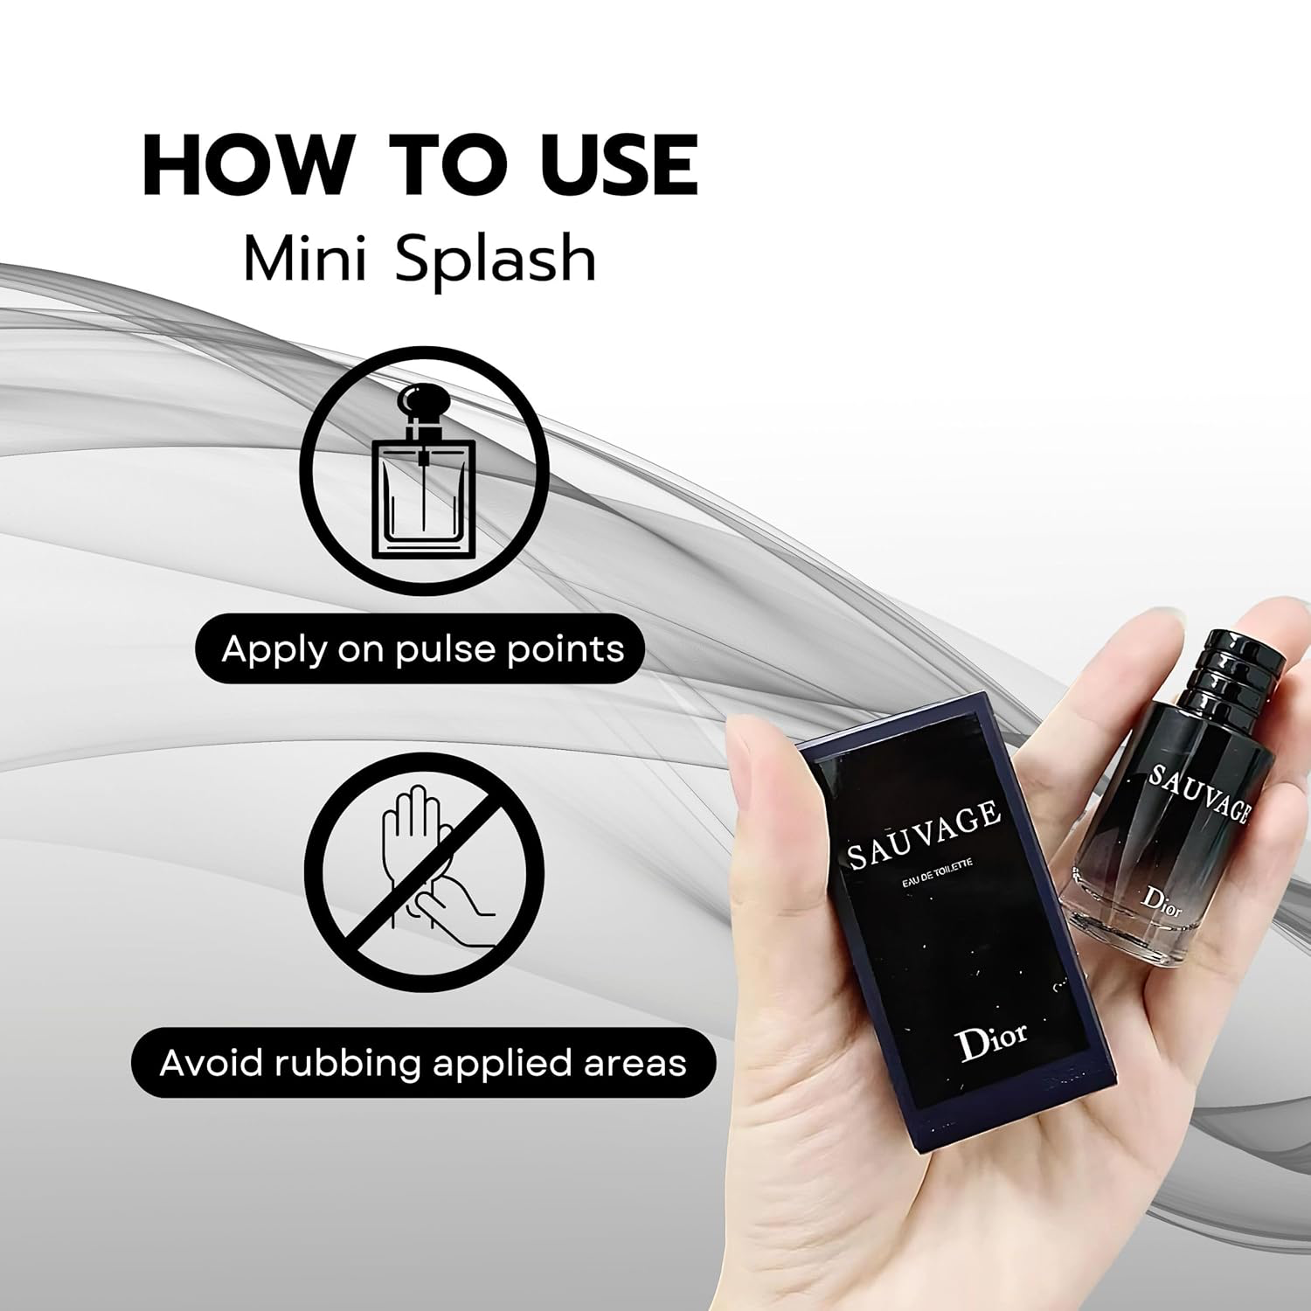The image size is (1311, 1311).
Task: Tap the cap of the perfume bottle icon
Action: [x=423, y=404]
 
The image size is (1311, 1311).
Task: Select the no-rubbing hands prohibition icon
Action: [x=423, y=875]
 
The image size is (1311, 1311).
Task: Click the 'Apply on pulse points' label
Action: [x=423, y=649]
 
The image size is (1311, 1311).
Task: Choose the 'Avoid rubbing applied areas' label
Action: [x=423, y=1063]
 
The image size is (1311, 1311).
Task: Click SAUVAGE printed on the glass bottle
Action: [x=1198, y=791]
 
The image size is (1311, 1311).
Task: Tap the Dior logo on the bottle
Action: [x=1163, y=901]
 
